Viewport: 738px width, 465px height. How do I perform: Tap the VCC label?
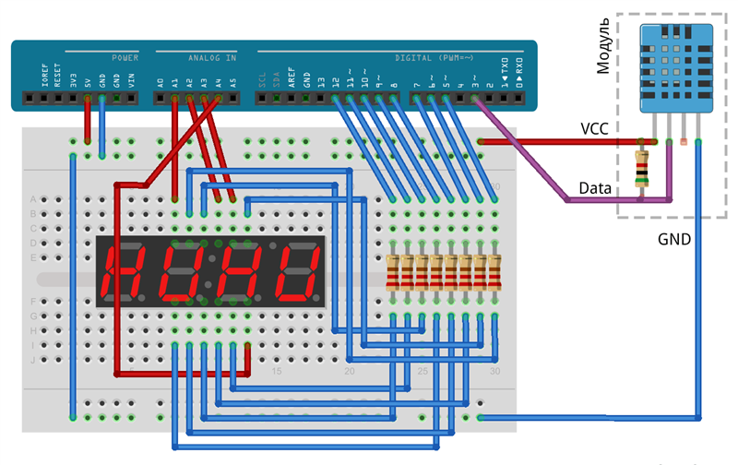point(594,129)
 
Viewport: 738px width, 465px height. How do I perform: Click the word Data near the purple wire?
point(595,188)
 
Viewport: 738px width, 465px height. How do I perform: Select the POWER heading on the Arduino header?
point(125,57)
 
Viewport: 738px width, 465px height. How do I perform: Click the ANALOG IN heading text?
point(211,57)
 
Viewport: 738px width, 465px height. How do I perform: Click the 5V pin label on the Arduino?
point(88,81)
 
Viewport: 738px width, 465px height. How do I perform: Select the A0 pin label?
point(161,81)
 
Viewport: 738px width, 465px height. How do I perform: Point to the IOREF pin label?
point(43,77)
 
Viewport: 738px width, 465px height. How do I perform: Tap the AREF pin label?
point(292,78)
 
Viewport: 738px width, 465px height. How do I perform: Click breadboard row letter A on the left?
point(33,199)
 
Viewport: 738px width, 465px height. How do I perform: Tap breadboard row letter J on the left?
point(33,360)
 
